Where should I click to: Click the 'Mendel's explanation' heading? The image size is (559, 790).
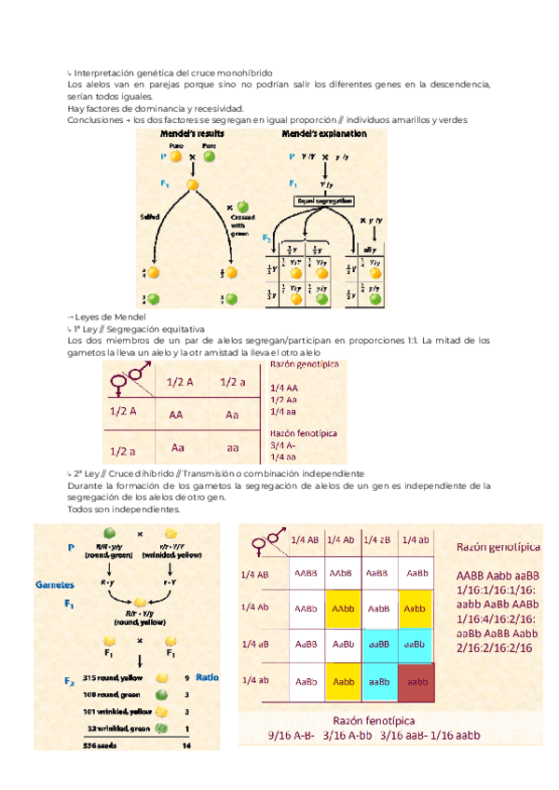[x=324, y=134]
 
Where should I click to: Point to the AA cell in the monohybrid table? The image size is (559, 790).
[x=176, y=416]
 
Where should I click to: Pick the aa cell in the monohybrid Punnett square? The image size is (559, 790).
[x=232, y=448]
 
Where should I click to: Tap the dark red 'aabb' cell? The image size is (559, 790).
[x=416, y=682]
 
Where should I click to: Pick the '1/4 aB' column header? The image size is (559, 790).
[x=378, y=540]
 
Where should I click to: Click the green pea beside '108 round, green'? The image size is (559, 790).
[x=161, y=695]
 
